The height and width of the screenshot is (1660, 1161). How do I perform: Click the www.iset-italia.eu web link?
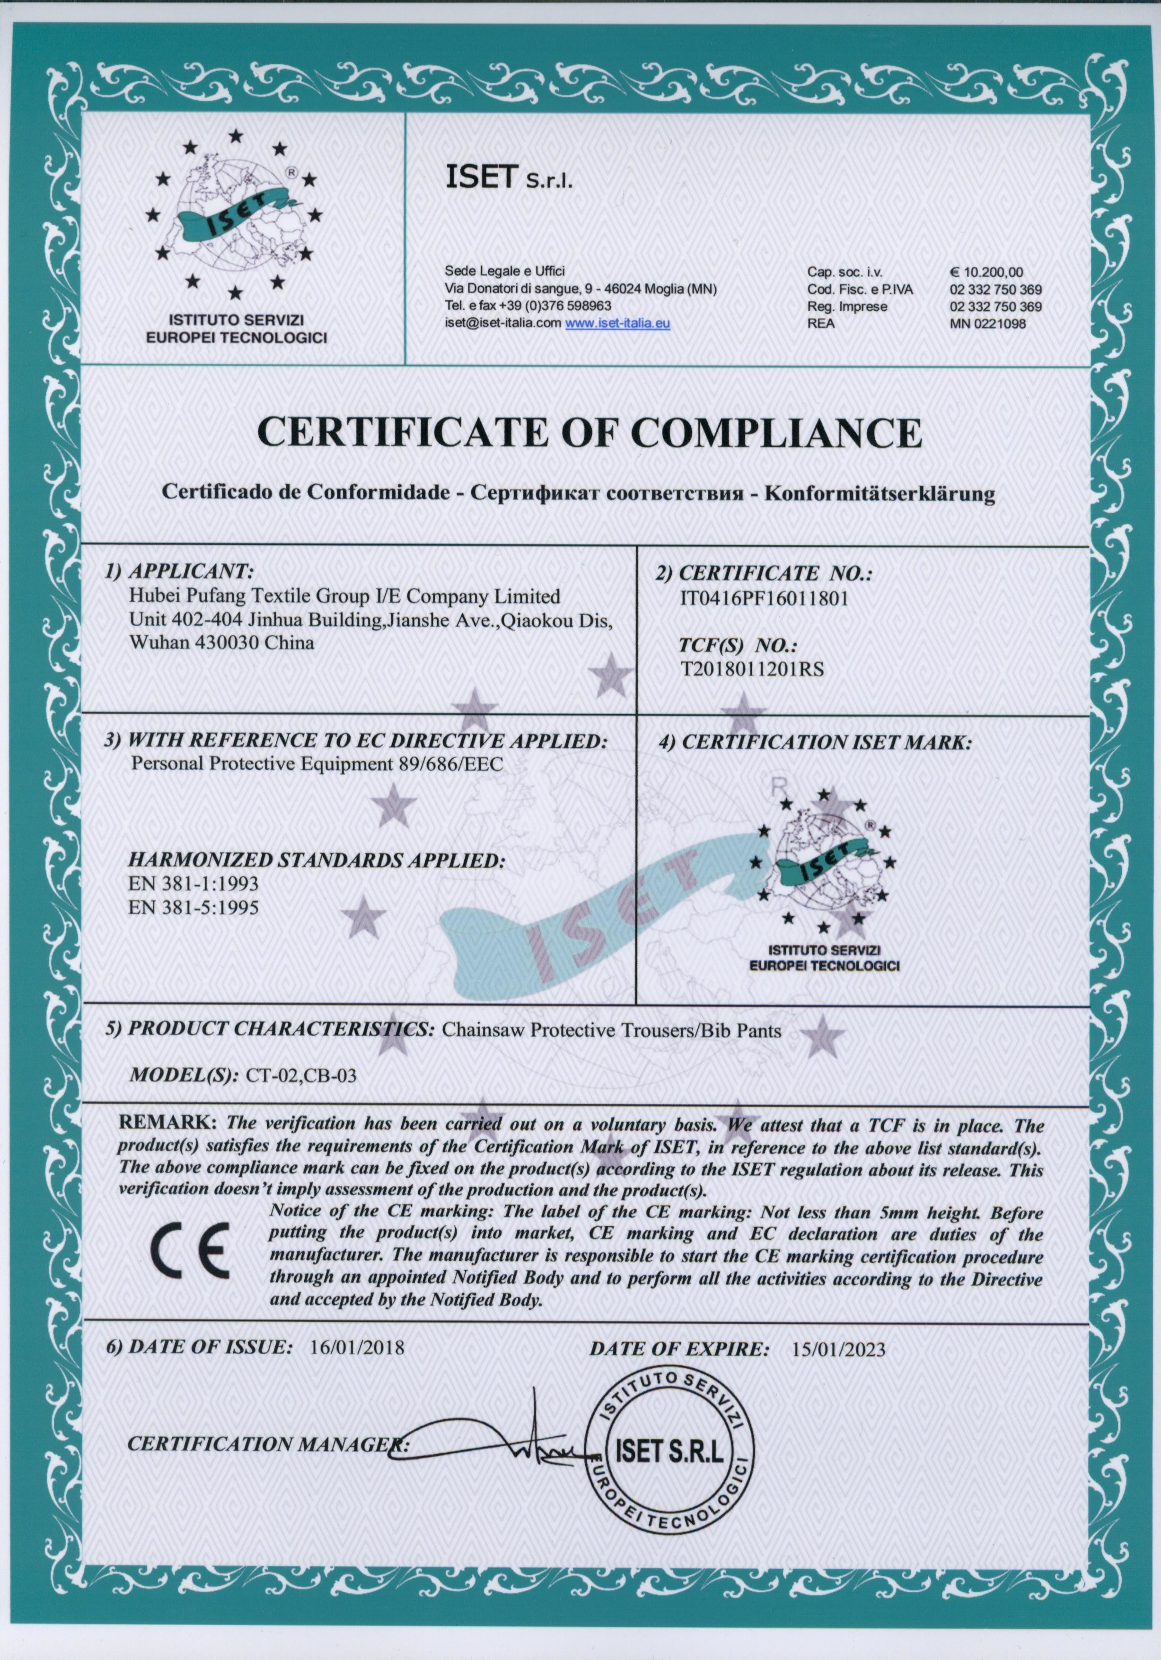[617, 324]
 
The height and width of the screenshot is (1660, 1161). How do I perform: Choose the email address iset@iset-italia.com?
[503, 324]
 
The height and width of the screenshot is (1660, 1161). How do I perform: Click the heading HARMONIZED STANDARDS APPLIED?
[316, 860]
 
